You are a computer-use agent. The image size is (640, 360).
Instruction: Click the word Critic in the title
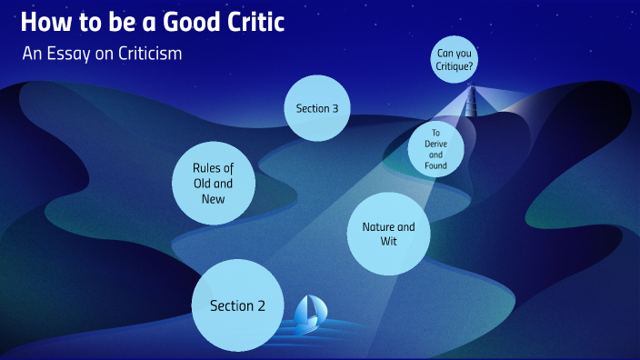(265, 22)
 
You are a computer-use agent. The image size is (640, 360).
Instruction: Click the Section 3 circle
(317, 108)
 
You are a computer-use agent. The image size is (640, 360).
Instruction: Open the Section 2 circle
(237, 305)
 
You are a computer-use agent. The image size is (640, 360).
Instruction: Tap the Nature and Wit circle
(388, 234)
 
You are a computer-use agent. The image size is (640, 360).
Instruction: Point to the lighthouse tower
(471, 102)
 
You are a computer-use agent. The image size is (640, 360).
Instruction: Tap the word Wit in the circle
(388, 242)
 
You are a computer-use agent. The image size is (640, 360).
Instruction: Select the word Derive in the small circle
(435, 144)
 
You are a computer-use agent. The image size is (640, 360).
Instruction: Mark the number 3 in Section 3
(335, 108)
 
